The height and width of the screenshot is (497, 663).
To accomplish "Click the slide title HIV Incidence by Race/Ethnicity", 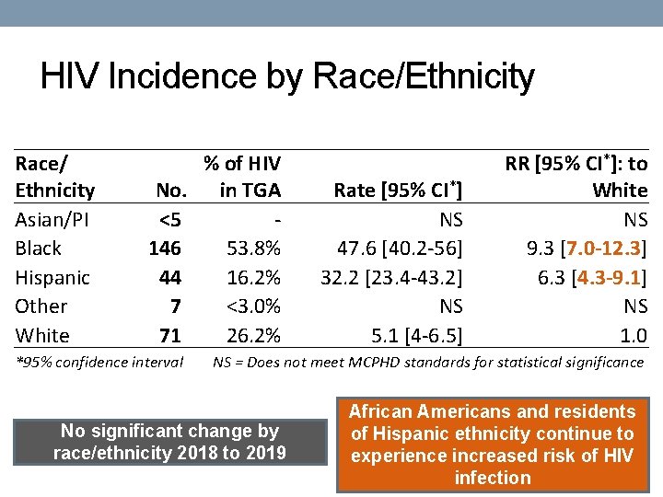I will (287, 77).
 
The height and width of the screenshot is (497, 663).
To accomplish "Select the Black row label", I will (39, 248).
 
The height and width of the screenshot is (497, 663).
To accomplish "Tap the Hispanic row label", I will (52, 277).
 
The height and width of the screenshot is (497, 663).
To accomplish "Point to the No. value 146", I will (165, 248).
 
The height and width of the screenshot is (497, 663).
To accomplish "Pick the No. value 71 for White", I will (169, 335).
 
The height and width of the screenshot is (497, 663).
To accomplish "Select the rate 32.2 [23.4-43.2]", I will (391, 277).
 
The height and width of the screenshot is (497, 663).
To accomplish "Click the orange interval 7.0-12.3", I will (604, 248).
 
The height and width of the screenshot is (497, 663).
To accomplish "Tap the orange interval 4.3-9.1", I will (609, 277).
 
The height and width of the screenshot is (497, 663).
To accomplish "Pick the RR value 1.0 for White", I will (634, 335).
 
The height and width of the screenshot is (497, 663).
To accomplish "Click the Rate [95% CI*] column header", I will (398, 191).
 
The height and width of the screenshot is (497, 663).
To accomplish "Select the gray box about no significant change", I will (169, 442).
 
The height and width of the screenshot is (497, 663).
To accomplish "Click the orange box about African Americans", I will (493, 445).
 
